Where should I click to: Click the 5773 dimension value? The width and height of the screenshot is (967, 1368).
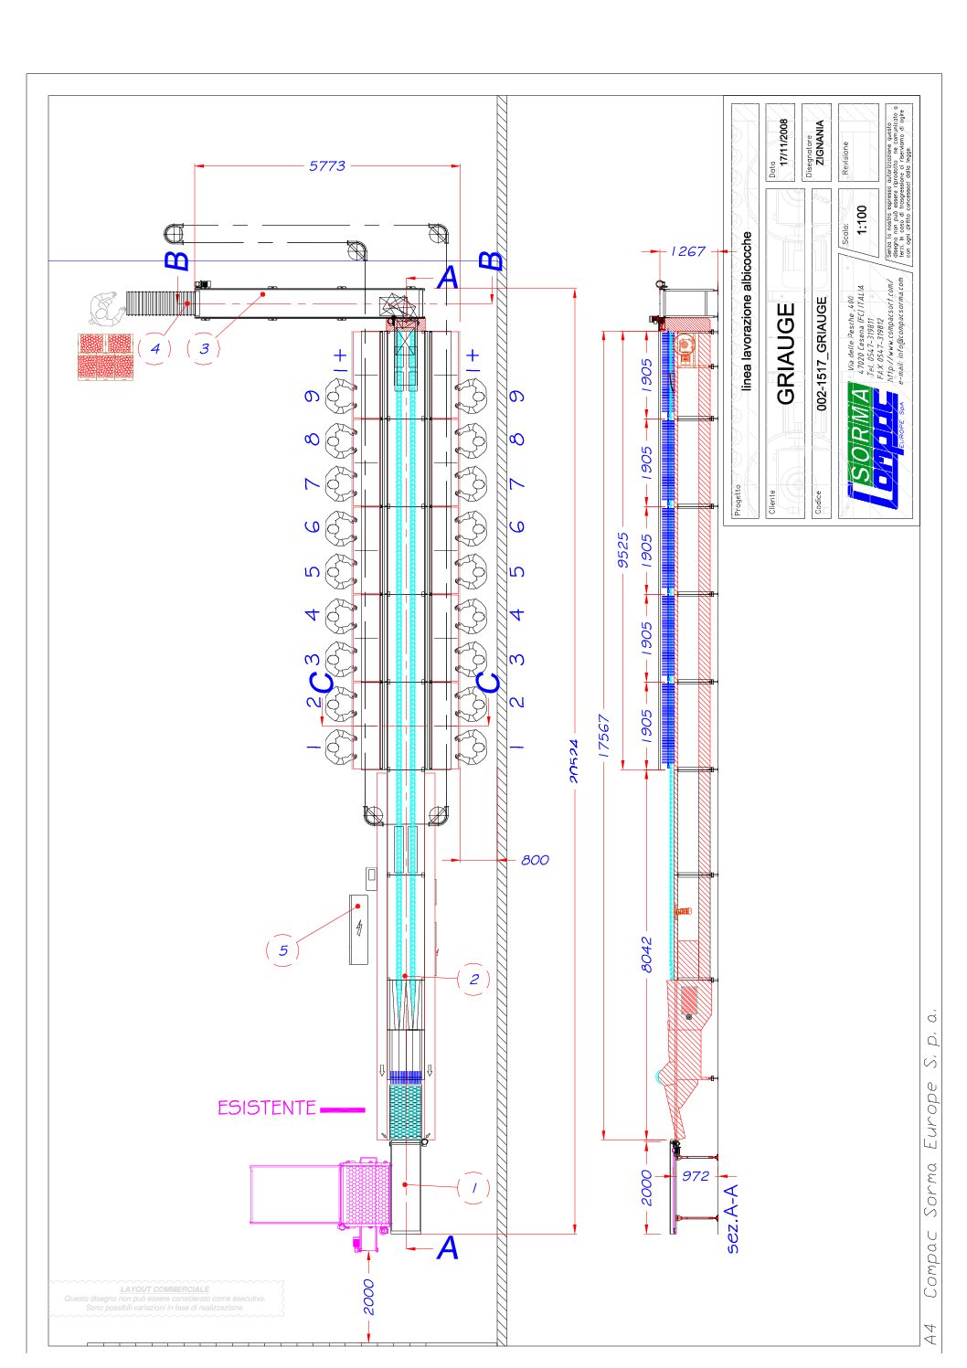pos(327,165)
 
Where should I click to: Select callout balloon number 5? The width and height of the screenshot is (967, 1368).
pos(282,950)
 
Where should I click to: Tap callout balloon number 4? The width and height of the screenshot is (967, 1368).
pos(155,348)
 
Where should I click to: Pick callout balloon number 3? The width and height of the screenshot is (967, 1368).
pos(204,348)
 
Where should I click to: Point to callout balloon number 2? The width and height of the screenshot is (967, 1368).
pos(473,979)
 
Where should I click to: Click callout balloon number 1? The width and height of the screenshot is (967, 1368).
pos(473,1188)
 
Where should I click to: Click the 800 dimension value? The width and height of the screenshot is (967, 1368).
pos(535,860)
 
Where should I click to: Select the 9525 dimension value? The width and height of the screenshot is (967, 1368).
pos(623,550)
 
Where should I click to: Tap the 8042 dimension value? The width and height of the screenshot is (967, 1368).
pos(646,953)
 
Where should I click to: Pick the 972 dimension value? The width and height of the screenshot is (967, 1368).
pos(696,1176)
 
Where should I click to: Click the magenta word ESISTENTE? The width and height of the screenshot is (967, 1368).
pos(266,1108)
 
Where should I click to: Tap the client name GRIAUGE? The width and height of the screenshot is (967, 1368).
pos(785,354)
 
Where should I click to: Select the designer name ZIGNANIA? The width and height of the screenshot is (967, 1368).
pos(819,143)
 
